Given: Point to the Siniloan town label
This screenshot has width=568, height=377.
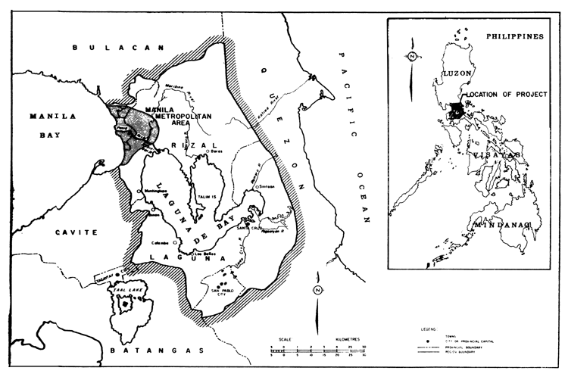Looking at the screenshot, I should [x=270, y=186].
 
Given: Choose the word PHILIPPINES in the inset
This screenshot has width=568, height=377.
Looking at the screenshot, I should [x=516, y=36].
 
